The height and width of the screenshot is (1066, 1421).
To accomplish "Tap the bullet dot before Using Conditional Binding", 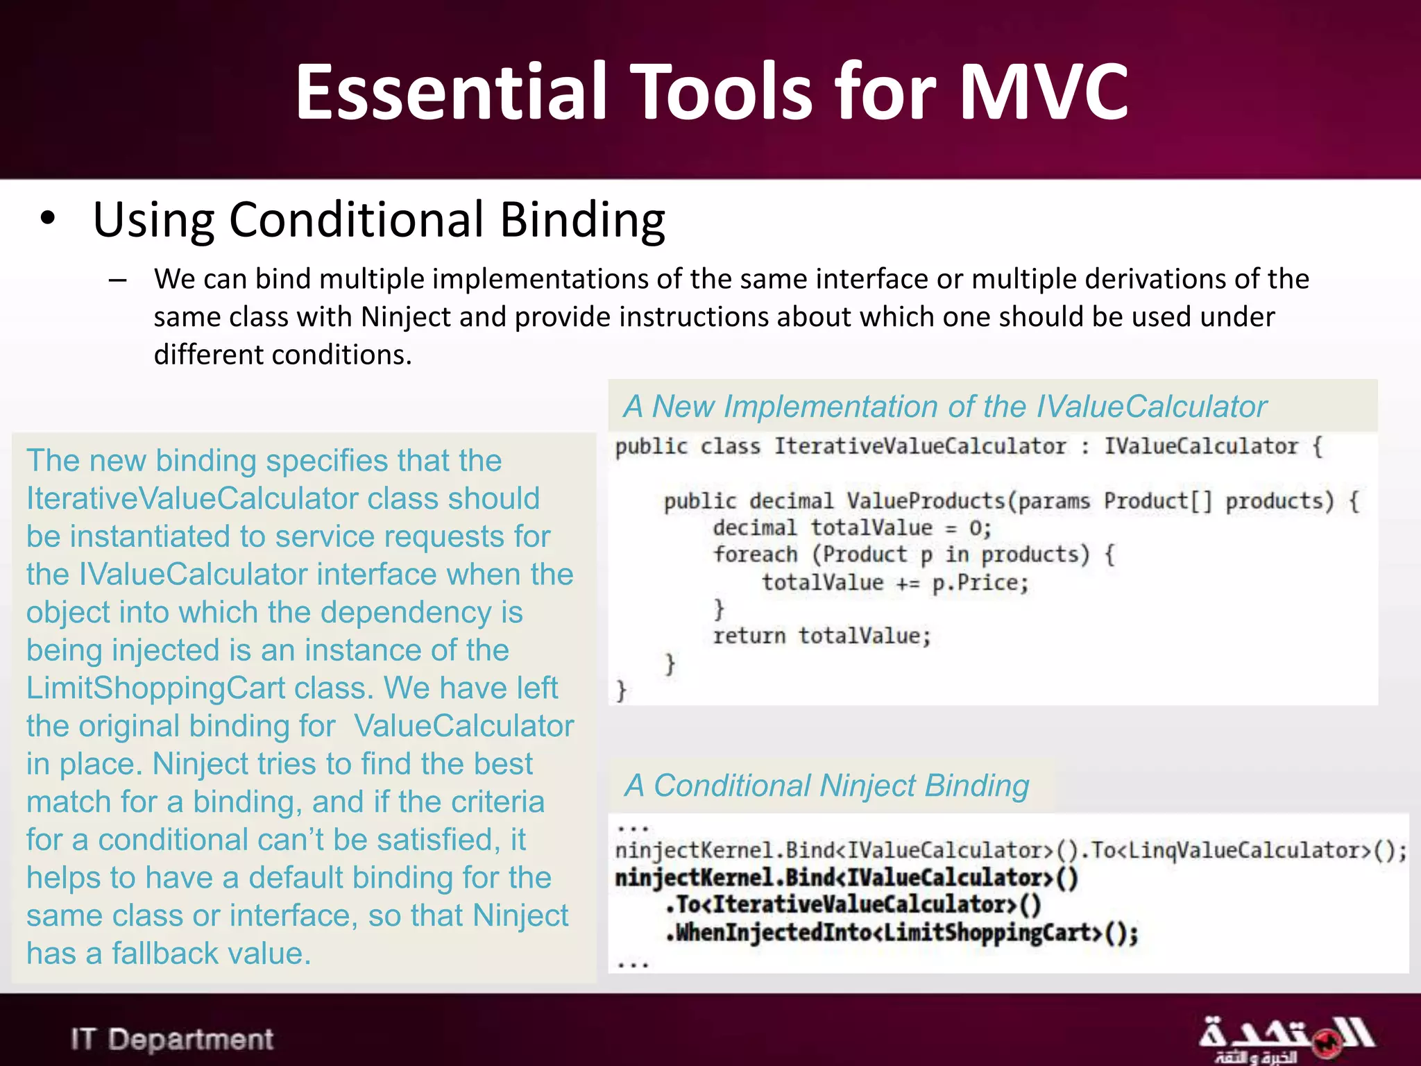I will coord(47,219).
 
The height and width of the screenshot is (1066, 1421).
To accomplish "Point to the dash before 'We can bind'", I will coord(118,280).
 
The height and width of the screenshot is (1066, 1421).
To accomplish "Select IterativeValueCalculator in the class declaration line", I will coord(919,446).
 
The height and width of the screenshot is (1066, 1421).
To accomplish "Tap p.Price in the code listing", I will coord(979,582).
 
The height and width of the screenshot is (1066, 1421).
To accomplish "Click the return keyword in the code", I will coord(749,636).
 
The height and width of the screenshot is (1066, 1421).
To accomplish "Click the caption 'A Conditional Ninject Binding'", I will coord(826,786).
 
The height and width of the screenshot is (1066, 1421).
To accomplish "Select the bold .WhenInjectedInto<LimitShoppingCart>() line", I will coord(902,933).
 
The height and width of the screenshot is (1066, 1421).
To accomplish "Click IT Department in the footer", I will coord(172,1039).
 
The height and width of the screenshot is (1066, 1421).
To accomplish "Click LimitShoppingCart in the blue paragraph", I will coord(155,688).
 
